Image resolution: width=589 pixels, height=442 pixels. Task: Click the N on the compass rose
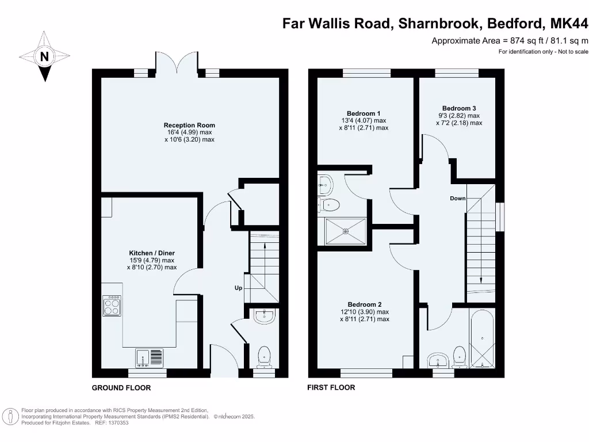pyautogui.click(x=44, y=57)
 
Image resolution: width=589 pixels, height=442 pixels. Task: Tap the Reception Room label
pyautogui.click(x=189, y=125)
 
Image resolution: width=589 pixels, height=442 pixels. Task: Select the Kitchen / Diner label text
pyautogui.click(x=151, y=253)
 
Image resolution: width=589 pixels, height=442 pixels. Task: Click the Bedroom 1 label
pyautogui.click(x=364, y=113)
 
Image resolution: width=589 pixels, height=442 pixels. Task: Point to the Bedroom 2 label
pyautogui.click(x=364, y=304)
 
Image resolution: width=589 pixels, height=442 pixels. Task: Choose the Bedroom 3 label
pyautogui.click(x=458, y=108)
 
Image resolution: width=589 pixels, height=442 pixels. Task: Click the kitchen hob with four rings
pyautogui.click(x=111, y=306)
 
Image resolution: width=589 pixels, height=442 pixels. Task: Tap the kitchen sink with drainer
pyautogui.click(x=150, y=358)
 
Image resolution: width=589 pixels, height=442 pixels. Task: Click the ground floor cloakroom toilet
pyautogui.click(x=265, y=356)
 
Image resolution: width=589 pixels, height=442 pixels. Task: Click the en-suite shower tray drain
pyautogui.click(x=346, y=231)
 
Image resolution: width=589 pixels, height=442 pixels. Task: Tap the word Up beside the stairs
pyautogui.click(x=238, y=288)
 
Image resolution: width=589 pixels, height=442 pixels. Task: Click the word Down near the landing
pyautogui.click(x=458, y=199)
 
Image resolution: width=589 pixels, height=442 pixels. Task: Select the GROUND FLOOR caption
pyautogui.click(x=121, y=388)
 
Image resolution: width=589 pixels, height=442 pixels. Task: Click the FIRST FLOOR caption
pyautogui.click(x=331, y=387)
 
